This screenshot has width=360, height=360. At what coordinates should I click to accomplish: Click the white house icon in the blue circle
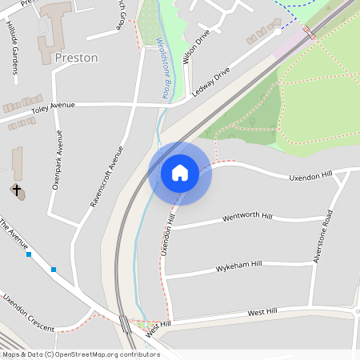click(180, 172)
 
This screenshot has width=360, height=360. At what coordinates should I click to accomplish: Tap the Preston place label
click(77, 58)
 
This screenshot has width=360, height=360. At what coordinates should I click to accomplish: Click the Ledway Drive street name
click(210, 82)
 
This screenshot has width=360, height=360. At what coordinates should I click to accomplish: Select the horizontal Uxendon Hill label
click(310, 176)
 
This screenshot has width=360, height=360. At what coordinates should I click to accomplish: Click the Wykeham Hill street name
click(238, 265)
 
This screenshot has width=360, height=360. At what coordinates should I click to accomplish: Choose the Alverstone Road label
click(327, 238)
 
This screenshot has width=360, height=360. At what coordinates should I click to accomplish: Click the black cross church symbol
click(15, 190)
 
